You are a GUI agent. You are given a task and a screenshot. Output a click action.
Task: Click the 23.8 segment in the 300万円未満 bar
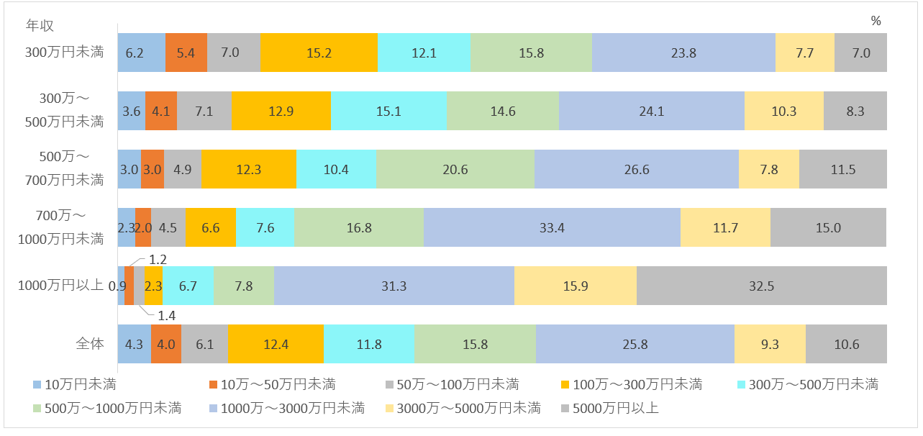(x=683, y=53)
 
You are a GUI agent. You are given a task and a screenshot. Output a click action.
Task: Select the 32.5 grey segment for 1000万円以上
(x=761, y=286)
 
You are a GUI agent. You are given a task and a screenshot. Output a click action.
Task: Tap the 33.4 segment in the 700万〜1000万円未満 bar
(x=552, y=227)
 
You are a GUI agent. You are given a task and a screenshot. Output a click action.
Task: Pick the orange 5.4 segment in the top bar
(x=186, y=53)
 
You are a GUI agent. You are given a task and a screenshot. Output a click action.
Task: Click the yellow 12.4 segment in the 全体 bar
(x=276, y=344)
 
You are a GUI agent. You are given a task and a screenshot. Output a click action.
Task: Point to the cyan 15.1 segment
(x=388, y=111)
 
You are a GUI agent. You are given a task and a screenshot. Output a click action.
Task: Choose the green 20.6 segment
(x=455, y=169)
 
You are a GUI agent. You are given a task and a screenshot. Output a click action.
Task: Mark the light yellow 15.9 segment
(x=575, y=286)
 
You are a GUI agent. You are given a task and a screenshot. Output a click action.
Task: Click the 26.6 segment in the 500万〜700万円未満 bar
(x=636, y=169)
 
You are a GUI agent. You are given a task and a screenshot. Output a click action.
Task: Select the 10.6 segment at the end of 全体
(x=846, y=344)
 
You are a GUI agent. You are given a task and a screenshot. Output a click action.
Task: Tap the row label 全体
(x=90, y=344)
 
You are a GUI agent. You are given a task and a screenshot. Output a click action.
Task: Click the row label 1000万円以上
(x=61, y=286)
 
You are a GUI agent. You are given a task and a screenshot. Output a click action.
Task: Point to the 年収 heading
(x=40, y=25)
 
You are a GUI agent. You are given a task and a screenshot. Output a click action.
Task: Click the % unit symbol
(x=876, y=22)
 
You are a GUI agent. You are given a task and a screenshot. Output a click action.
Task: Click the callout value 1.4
(x=167, y=315)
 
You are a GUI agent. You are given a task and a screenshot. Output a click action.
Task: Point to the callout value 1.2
(x=158, y=259)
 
